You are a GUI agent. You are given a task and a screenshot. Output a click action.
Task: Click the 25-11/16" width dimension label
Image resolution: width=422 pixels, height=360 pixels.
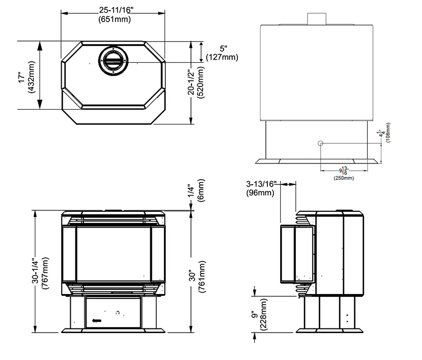tap(116, 10)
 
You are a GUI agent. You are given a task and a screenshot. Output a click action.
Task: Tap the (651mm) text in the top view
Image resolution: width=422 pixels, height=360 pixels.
tap(114, 20)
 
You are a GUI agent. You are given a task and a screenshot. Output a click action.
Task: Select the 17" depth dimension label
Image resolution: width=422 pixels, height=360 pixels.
tap(22, 77)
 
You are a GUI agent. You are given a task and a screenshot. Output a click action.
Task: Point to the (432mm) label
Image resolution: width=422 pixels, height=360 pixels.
tap(32, 77)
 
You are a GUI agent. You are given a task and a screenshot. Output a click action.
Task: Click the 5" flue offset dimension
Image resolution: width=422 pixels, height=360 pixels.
tap(223, 48)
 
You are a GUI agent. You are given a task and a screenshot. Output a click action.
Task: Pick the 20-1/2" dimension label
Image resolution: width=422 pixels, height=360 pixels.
tap(191, 83)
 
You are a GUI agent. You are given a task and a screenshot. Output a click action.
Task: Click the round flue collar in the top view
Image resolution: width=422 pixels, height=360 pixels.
tap(113, 60)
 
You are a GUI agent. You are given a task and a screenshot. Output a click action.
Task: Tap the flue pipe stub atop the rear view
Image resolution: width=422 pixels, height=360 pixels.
tap(317, 19)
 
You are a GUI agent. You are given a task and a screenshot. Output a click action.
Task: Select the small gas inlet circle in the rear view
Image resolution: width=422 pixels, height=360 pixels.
tap(320, 143)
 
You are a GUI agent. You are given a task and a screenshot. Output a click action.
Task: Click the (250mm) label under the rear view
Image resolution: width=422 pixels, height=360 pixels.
tap(344, 178)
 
